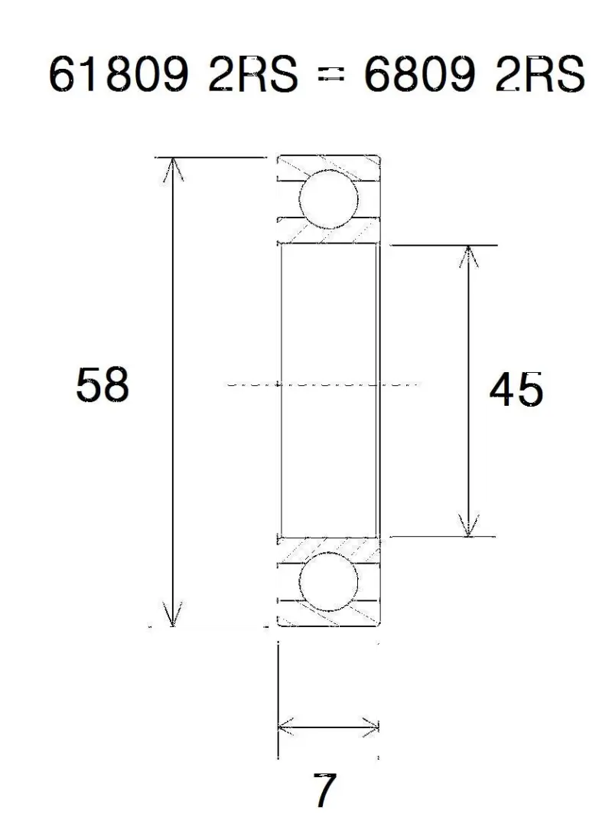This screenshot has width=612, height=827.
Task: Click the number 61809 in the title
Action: point(119,74)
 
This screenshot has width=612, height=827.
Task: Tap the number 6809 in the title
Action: point(419,74)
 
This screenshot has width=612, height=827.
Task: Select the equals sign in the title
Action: point(331,77)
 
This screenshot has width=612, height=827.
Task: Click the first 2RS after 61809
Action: point(253,74)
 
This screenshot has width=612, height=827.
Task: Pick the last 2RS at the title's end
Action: point(540,74)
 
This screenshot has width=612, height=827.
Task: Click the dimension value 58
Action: point(103,385)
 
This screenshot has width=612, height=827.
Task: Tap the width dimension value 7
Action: point(324,790)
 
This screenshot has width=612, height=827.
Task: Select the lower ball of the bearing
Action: point(328,582)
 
